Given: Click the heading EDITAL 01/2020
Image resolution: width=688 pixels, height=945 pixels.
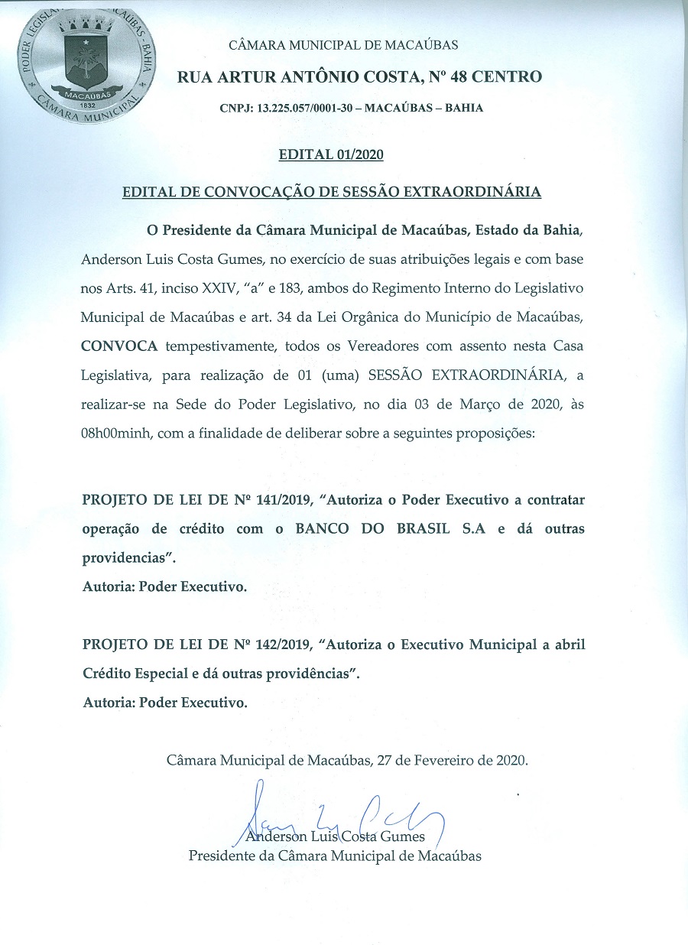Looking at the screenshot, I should click(x=331, y=155).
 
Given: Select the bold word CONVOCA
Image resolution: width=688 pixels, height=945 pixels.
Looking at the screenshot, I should click(x=120, y=346).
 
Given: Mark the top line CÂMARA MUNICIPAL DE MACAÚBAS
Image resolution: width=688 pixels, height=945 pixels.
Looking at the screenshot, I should click(x=344, y=45).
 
